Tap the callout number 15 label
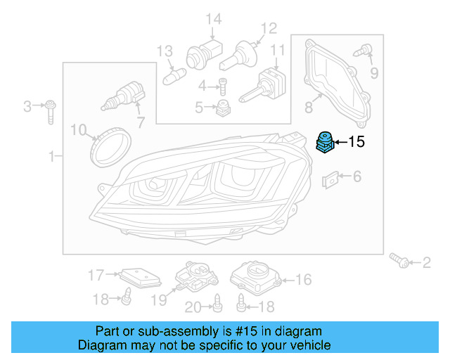(x=356, y=142)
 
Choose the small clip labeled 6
(x=330, y=179)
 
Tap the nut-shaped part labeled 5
(x=224, y=107)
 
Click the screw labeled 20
(x=217, y=303)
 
